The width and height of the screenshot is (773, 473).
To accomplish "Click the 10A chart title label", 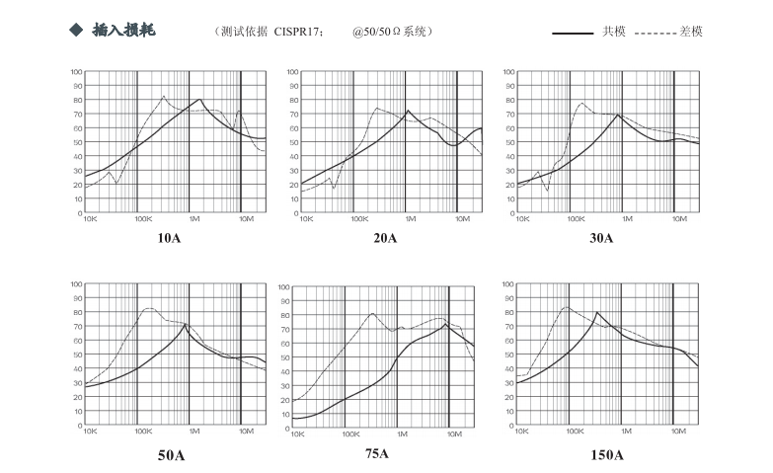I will [x=170, y=238].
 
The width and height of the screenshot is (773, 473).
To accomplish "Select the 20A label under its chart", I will [x=385, y=238].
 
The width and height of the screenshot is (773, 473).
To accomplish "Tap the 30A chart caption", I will [x=601, y=238].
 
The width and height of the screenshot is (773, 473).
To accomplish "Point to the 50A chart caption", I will [x=172, y=455].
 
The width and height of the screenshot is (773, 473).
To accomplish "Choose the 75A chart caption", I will [x=376, y=453].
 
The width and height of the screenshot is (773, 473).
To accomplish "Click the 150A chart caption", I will [x=607, y=455].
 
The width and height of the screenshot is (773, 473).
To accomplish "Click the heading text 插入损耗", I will [x=123, y=31].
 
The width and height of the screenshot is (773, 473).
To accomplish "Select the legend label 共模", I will [x=614, y=32].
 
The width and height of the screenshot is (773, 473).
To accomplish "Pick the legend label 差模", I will [x=691, y=32].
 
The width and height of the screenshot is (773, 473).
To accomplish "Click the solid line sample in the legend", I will [x=573, y=33].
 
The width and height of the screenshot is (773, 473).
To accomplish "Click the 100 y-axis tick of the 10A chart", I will [x=76, y=72].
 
